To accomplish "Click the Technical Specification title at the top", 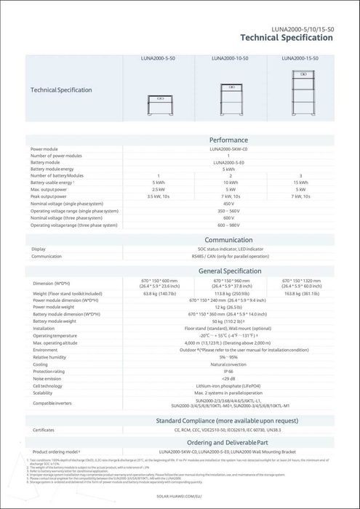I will [287, 37].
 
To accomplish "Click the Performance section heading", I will [228, 140].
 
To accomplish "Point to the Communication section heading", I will [228, 239].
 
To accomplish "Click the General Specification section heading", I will [228, 271].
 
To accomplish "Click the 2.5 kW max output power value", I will [158, 189].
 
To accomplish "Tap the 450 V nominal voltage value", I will [228, 204].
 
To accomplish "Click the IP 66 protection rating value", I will [228, 371].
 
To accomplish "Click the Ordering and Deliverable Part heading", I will [228, 441].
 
